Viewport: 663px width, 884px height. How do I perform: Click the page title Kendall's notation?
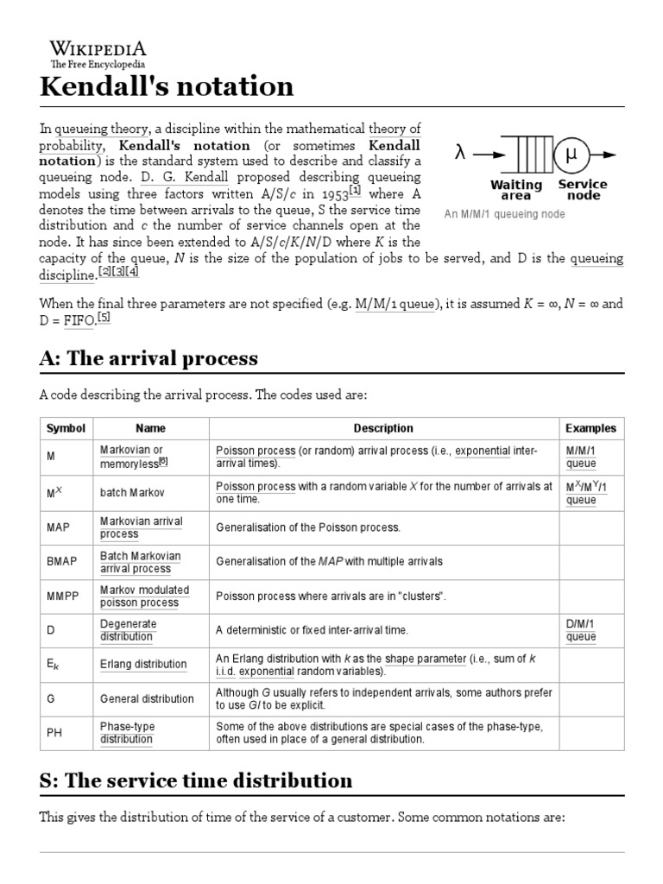click(x=167, y=86)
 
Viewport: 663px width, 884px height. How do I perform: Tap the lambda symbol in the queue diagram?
click(x=460, y=154)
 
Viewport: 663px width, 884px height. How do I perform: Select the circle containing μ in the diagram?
click(x=571, y=155)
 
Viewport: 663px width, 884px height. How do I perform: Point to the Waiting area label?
click(x=516, y=190)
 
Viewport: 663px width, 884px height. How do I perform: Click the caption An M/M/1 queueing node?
click(x=504, y=213)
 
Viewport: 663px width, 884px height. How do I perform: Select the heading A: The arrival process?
click(x=148, y=358)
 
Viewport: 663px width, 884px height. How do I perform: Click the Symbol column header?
click(x=66, y=428)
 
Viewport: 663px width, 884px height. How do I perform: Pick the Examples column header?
click(x=590, y=428)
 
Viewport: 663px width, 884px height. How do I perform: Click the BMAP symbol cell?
click(x=61, y=562)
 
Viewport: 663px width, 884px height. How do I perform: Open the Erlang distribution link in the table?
click(x=143, y=664)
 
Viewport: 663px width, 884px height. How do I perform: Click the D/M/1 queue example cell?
click(x=581, y=630)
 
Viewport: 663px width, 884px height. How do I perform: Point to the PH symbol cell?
click(x=54, y=733)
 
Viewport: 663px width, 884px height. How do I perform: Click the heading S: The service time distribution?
click(x=196, y=780)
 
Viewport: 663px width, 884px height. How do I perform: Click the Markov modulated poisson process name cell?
click(x=144, y=596)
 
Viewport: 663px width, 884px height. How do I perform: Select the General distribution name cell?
click(x=147, y=698)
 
